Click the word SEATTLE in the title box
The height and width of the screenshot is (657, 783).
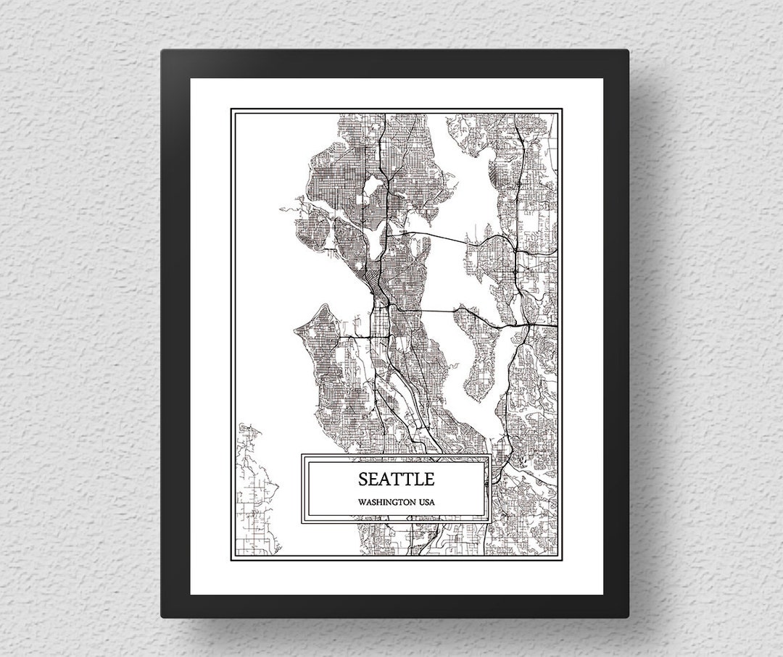click(x=396, y=479)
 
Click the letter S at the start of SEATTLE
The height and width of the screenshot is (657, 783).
click(x=362, y=479)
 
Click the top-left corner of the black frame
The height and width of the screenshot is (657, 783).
click(x=163, y=51)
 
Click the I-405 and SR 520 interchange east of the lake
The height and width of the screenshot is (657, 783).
click(x=514, y=247)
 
